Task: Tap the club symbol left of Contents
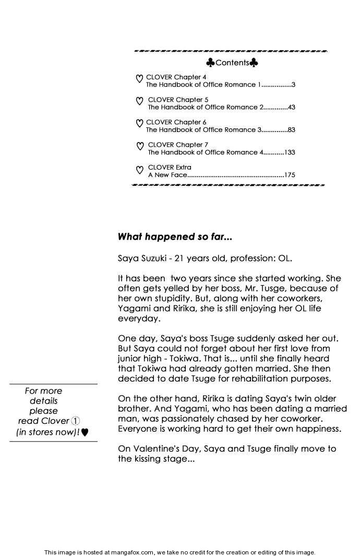(210, 63)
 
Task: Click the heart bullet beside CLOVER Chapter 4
(139, 79)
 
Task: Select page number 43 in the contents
(291, 107)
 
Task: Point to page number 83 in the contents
(291, 129)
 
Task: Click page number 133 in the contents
(290, 152)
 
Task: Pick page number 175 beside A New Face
(290, 175)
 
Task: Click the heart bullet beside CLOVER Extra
(139, 170)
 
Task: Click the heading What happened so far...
(175, 236)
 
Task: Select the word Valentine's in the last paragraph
(159, 448)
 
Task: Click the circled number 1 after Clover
(75, 421)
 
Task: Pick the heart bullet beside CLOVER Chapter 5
(139, 102)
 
